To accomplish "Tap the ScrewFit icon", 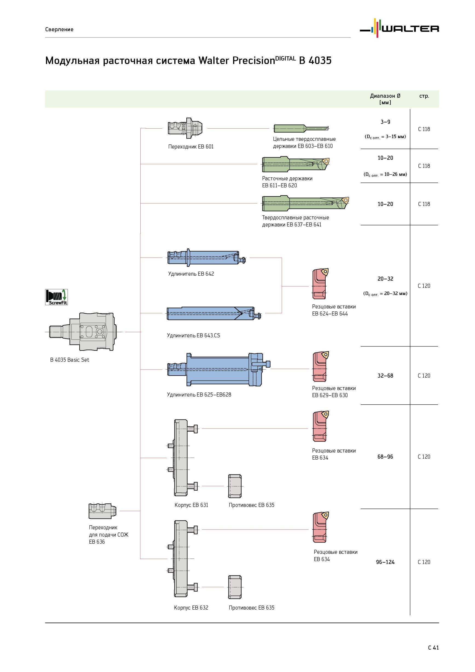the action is (56, 297).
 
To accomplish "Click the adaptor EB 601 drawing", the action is (186, 129).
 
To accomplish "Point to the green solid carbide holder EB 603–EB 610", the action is (301, 128).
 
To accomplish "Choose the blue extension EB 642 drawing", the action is (207, 257).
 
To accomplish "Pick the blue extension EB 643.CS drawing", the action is (214, 313).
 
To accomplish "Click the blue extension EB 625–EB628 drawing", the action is (219, 370).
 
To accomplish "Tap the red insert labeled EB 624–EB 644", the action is (320, 284).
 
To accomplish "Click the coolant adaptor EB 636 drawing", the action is (103, 511).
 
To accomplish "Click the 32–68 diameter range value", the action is (385, 375).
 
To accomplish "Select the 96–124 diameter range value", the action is (385, 562).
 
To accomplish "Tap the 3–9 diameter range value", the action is (385, 122).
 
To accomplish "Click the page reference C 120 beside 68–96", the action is (424, 457).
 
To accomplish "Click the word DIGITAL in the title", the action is (285, 58).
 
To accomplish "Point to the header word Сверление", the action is (59, 29).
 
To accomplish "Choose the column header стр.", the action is (424, 96).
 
